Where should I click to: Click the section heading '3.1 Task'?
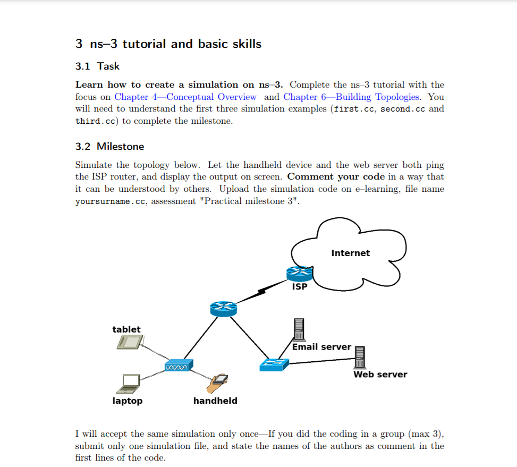[x=97, y=66]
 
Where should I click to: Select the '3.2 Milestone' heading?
[x=109, y=146]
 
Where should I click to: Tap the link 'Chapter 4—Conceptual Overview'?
[x=185, y=97]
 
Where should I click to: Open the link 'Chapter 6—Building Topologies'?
[x=351, y=97]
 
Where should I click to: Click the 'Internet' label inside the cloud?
[x=350, y=253]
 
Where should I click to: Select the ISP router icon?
[x=300, y=274]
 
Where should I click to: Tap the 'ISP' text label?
[x=300, y=287]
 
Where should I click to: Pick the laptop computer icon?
[x=130, y=381]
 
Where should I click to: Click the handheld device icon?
[x=218, y=381]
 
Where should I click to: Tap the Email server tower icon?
[x=299, y=329]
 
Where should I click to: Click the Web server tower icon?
[x=360, y=357]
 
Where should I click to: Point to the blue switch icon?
[x=274, y=364]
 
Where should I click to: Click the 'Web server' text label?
[x=380, y=375]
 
